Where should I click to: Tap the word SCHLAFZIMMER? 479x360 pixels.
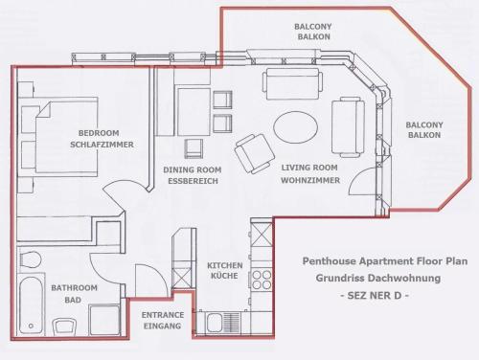click(102, 145)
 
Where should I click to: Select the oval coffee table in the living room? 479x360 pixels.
click(295, 127)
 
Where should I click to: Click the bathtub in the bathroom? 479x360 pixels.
click(31, 305)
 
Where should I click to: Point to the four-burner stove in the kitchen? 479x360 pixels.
click(262, 280)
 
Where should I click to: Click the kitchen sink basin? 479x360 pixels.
click(215, 323)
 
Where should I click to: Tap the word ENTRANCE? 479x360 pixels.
click(163, 315)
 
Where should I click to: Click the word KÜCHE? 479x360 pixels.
click(224, 276)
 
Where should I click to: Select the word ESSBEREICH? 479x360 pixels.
click(193, 181)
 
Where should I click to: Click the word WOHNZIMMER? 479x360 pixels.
click(310, 180)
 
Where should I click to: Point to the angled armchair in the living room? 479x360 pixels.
click(255, 153)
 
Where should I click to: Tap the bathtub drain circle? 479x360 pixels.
click(31, 326)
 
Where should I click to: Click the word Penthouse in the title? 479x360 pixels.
click(330, 261)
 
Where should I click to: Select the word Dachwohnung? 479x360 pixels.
click(405, 278)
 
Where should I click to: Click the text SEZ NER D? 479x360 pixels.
click(375, 296)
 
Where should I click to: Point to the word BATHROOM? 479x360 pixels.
click(74, 288)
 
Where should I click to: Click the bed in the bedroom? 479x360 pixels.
click(65, 137)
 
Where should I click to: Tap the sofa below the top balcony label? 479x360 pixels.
click(292, 83)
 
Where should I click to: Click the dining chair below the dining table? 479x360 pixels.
click(194, 148)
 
